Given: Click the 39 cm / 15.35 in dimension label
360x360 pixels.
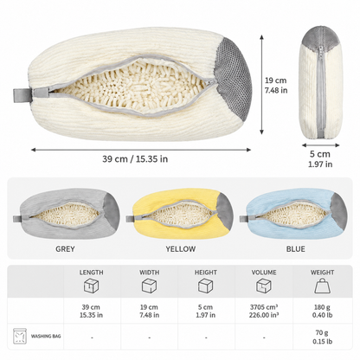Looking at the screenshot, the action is point(135,159).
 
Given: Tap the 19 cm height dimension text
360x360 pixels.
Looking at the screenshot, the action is point(276,85).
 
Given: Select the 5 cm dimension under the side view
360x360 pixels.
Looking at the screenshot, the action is point(320,158).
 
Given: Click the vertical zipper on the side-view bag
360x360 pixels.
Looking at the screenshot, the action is point(321,91).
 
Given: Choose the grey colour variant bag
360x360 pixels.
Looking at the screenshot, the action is point(67,214).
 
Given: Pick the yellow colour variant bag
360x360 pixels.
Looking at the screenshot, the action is point(179,214).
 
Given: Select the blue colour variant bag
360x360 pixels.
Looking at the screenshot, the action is point(293,214).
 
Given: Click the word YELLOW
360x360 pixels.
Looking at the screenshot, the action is point(181,249).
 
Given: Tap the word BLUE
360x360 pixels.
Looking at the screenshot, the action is point(295,249).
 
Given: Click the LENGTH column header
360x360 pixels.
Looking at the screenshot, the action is point(91,273).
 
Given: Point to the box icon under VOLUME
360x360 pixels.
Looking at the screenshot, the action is point(264,286).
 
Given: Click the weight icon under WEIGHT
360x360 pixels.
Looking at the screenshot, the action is point(322,286).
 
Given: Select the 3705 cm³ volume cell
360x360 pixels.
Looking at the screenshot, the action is point(264,311).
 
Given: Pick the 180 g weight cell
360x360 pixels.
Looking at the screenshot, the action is point(322,311).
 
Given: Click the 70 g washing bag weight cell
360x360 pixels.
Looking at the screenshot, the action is point(322,337).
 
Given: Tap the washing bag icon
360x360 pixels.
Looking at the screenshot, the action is point(20,336).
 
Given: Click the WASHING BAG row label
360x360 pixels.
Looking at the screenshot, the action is point(46,336).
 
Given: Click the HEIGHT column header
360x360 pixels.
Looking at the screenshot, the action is point(206,273).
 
